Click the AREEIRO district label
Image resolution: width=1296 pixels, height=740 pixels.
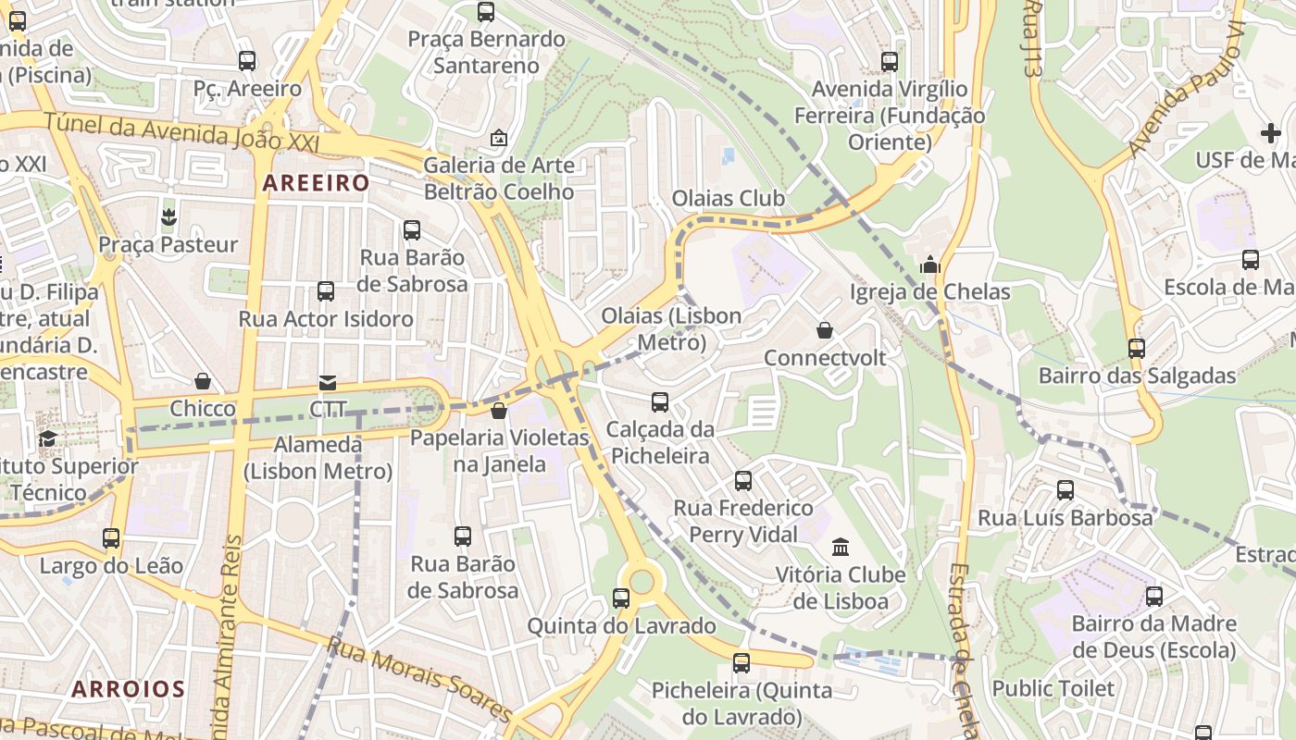tap(317, 183)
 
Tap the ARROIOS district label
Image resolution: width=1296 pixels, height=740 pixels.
tap(129, 689)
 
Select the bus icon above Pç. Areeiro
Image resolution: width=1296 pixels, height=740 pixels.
tap(247, 61)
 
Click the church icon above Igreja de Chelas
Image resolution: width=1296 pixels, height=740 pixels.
tap(930, 265)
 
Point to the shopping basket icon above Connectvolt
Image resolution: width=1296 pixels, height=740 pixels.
tap(824, 330)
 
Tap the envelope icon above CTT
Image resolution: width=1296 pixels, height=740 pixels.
tap(328, 382)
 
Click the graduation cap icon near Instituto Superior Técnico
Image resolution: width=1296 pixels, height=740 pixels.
tap(47, 438)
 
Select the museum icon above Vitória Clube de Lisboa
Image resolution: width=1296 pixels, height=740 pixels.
tap(841, 547)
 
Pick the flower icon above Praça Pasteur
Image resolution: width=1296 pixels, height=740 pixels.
tap(168, 217)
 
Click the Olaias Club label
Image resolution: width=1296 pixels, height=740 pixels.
tap(728, 198)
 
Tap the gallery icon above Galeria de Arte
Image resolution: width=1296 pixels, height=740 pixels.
tap(499, 138)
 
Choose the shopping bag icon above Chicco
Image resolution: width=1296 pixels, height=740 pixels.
tap(203, 381)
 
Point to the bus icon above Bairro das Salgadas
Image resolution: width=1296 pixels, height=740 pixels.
tap(1137, 349)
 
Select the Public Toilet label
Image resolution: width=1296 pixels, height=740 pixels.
tap(1053, 688)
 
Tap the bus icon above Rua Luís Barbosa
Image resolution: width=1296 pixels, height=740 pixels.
tap(1065, 490)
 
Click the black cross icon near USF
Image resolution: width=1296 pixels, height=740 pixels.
tap(1271, 133)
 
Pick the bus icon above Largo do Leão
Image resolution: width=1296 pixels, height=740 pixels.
tap(111, 537)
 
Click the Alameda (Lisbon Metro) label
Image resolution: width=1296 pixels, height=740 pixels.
tap(318, 457)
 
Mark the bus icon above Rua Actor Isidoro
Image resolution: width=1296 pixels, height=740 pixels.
tap(326, 291)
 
